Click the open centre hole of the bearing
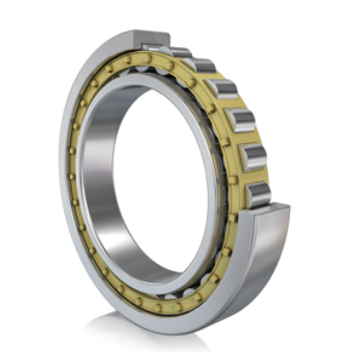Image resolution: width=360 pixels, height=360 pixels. tap(144, 173)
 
